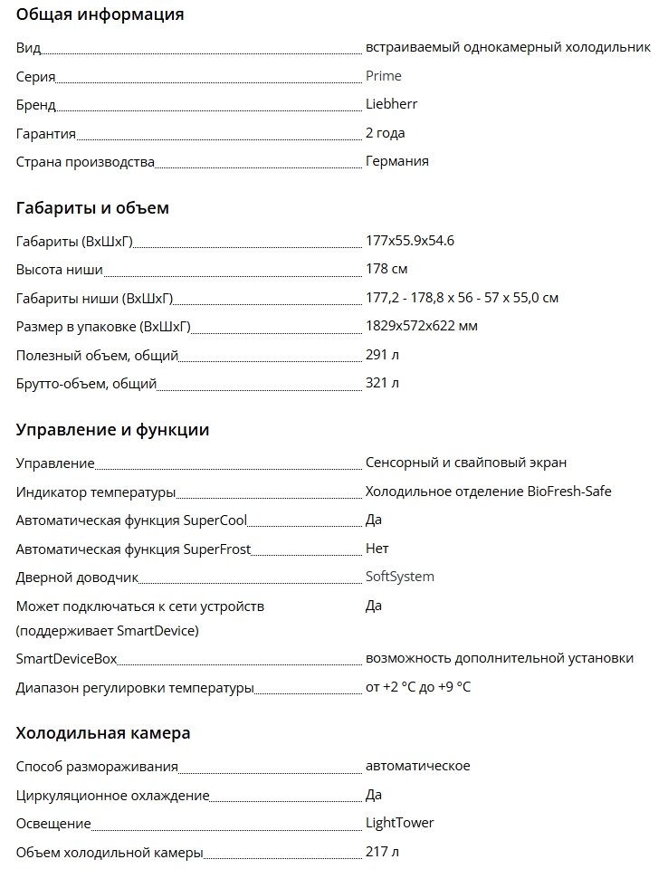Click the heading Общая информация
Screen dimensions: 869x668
click(100, 14)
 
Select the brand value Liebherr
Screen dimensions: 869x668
click(391, 104)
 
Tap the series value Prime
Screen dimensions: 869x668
click(383, 76)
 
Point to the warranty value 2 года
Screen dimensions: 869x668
click(385, 133)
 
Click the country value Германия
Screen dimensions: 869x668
click(396, 161)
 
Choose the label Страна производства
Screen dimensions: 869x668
click(85, 162)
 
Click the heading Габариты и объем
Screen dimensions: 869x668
click(92, 208)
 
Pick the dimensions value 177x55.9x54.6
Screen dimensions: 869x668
click(409, 241)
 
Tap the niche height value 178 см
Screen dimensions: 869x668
click(386, 269)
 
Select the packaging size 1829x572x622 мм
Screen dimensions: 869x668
click(421, 326)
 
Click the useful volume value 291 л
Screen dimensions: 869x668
click(382, 355)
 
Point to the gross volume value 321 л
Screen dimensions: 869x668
click(382, 383)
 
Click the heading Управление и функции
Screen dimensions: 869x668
click(112, 430)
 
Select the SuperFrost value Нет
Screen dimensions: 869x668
click(377, 549)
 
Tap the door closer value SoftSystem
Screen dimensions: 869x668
click(399, 577)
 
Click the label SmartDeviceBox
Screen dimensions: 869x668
click(67, 659)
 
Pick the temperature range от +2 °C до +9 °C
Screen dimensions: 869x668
click(417, 687)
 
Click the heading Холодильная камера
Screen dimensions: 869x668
click(102, 733)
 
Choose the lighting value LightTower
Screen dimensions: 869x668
click(399, 823)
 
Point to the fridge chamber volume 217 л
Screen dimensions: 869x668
click(381, 852)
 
